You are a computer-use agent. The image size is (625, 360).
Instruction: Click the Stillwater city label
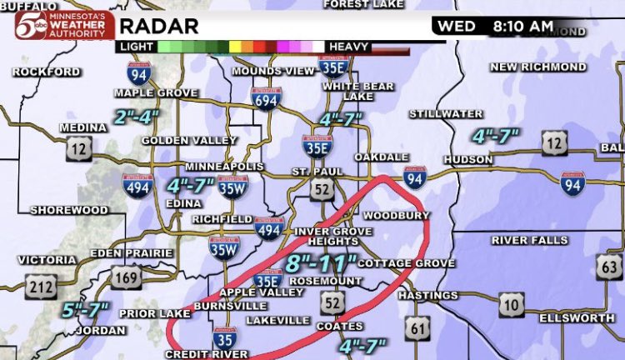tap(441, 112)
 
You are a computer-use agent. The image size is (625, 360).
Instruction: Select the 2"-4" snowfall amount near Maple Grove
tap(137, 117)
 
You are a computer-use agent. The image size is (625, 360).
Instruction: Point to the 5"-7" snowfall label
tap(85, 311)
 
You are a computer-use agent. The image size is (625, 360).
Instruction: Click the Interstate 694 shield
tap(267, 97)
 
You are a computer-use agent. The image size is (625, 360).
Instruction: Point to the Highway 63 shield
tap(610, 267)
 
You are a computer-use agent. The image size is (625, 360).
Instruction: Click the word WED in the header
tap(457, 27)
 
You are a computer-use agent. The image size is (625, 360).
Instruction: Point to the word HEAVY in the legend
tap(349, 47)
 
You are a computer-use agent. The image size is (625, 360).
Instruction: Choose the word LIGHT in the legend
tap(135, 47)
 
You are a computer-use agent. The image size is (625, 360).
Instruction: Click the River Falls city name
tap(529, 241)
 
